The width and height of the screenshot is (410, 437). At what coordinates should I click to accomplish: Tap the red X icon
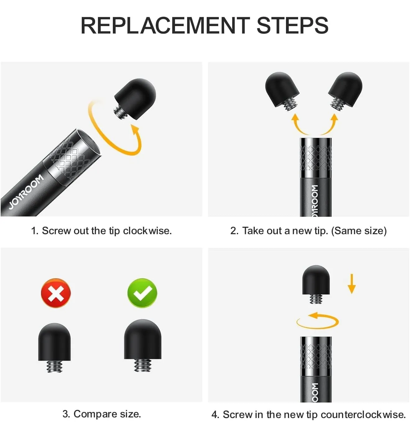(x=56, y=293)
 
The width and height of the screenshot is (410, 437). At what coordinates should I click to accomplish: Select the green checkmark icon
(x=142, y=293)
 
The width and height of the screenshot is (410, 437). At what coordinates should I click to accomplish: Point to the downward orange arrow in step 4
(x=352, y=284)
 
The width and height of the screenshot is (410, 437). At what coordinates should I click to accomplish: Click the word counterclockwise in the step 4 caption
(x=363, y=415)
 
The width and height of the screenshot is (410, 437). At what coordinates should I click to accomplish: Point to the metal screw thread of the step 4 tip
(x=316, y=299)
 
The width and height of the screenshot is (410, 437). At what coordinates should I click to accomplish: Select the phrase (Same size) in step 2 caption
(x=359, y=231)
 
